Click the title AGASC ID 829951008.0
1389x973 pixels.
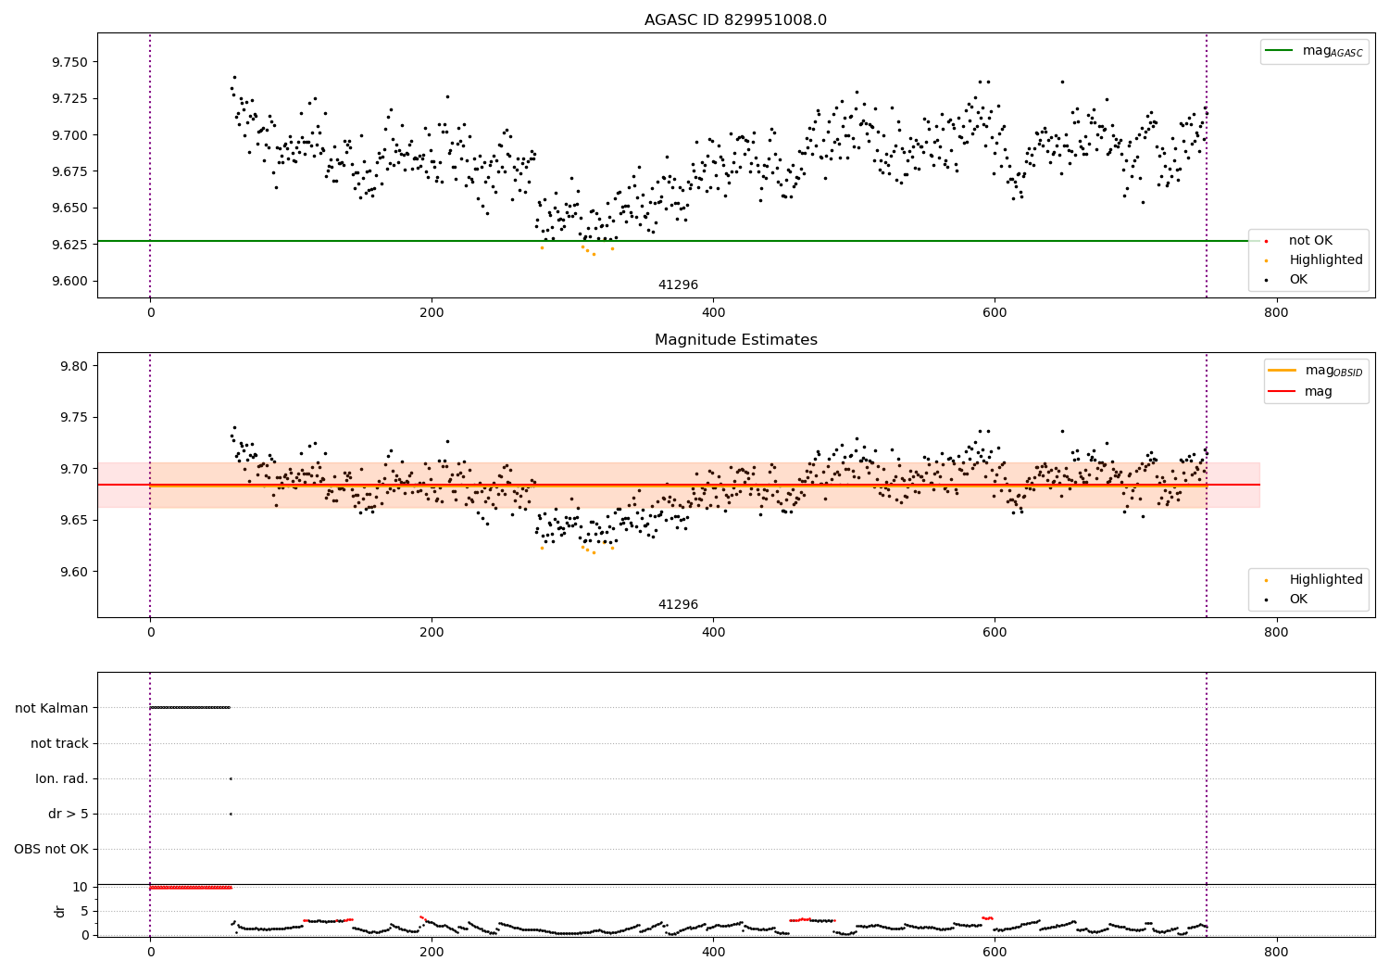coord(735,19)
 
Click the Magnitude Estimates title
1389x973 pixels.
coord(736,339)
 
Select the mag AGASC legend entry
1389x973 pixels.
coord(1314,51)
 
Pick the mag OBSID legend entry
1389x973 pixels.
coord(1315,371)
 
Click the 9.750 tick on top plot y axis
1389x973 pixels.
coord(69,62)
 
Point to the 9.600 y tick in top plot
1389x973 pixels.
coord(69,281)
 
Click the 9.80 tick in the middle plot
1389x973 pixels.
coord(74,366)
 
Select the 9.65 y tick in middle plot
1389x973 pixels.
coord(74,520)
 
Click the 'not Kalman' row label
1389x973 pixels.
coord(52,708)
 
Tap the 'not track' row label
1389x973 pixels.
coord(59,743)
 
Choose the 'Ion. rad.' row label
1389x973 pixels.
coord(61,778)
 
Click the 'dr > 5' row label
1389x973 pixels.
coord(69,814)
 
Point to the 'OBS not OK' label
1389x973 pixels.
coord(52,849)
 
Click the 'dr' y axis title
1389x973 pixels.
coord(59,912)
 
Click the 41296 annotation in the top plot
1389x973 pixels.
coord(678,284)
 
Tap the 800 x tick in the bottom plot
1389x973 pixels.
coord(1276,953)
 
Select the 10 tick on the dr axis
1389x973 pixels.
coord(80,888)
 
